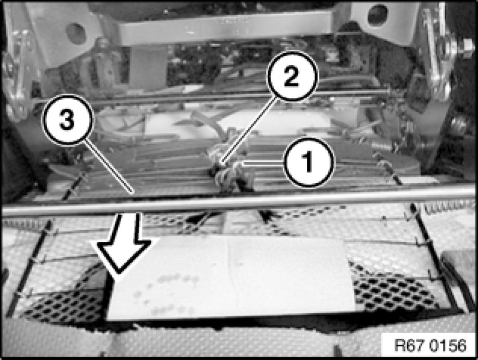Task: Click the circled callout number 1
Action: [x=309, y=161]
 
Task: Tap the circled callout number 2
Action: [x=292, y=76]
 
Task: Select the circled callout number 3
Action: [x=68, y=120]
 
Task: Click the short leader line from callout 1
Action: [x=263, y=164]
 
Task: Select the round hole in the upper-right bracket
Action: [x=377, y=15]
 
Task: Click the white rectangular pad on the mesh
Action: [x=232, y=278]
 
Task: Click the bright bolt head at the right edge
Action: [x=466, y=46]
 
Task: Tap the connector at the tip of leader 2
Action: [x=221, y=164]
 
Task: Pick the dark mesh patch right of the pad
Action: [x=393, y=290]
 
